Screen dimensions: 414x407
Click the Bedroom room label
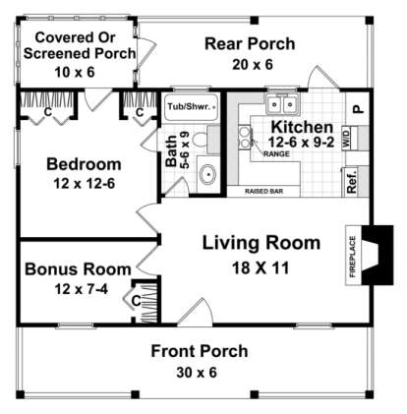[83, 164]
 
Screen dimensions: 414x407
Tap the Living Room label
[261, 243]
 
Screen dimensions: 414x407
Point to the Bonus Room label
[78, 268]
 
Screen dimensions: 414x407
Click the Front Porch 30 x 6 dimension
[198, 372]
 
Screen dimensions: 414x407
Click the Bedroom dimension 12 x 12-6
[83, 183]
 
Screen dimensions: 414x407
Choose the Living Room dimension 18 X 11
[261, 265]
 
